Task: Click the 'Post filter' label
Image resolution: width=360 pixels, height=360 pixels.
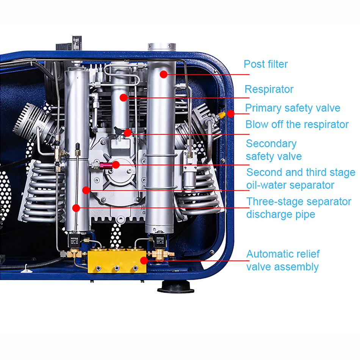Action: pyautogui.click(x=266, y=64)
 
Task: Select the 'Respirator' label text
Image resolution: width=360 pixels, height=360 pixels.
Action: pyautogui.click(x=269, y=89)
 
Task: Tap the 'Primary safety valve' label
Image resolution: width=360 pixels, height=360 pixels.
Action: pyautogui.click(x=293, y=108)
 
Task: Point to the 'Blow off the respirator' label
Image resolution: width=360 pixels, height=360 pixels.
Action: pyautogui.click(x=297, y=124)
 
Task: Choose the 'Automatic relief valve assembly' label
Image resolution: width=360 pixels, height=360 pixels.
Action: pyautogui.click(x=283, y=260)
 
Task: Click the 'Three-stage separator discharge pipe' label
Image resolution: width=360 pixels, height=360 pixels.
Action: pyautogui.click(x=299, y=208)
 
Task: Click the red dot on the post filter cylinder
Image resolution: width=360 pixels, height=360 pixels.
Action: pyautogui.click(x=163, y=74)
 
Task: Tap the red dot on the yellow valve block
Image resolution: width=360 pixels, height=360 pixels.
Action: pyautogui.click(x=144, y=260)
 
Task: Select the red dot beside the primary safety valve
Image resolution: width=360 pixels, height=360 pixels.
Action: pyautogui.click(x=230, y=113)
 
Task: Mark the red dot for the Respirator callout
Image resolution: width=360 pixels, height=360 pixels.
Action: pyautogui.click(x=124, y=97)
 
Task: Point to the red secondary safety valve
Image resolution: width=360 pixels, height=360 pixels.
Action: pyautogui.click(x=105, y=165)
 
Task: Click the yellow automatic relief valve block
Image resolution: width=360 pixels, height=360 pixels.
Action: pyautogui.click(x=117, y=261)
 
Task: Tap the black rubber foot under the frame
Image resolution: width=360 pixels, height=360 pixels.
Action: pyautogui.click(x=176, y=286)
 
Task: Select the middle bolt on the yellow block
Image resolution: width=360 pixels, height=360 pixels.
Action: pyautogui.click(x=117, y=268)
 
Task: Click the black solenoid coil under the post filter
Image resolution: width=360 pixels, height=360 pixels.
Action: pyautogui.click(x=160, y=240)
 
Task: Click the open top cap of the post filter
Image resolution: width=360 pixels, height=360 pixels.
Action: pyautogui.click(x=162, y=47)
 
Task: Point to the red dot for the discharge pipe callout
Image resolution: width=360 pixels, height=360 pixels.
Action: pyautogui.click(x=76, y=208)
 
